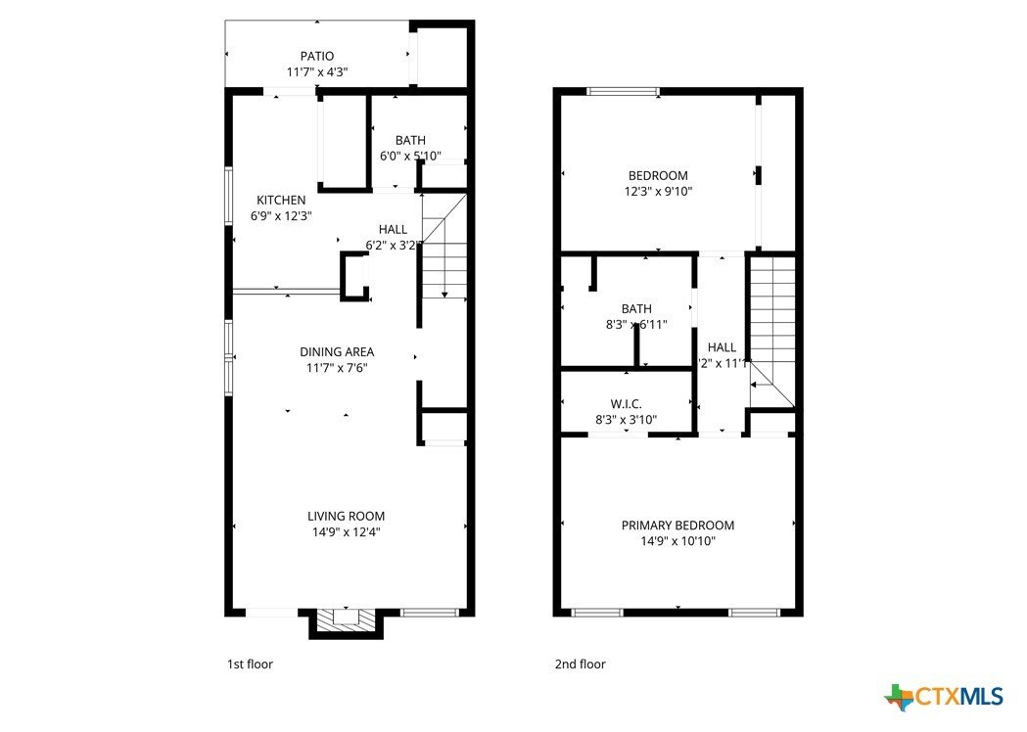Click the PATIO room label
point(316,56)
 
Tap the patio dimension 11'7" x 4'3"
point(316,72)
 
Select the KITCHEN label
point(281,200)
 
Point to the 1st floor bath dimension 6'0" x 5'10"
point(410,156)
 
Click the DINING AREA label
point(336,351)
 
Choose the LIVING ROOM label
point(346,516)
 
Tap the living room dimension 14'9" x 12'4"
point(346,532)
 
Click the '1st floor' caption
point(250,664)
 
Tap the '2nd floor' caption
point(580,664)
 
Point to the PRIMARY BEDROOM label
point(677,526)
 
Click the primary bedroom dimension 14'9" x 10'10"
point(677,541)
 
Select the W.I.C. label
point(626,403)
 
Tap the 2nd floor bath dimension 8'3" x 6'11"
point(635,324)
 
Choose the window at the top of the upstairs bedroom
point(623,92)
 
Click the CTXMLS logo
point(944,696)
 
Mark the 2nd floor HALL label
point(722,346)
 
